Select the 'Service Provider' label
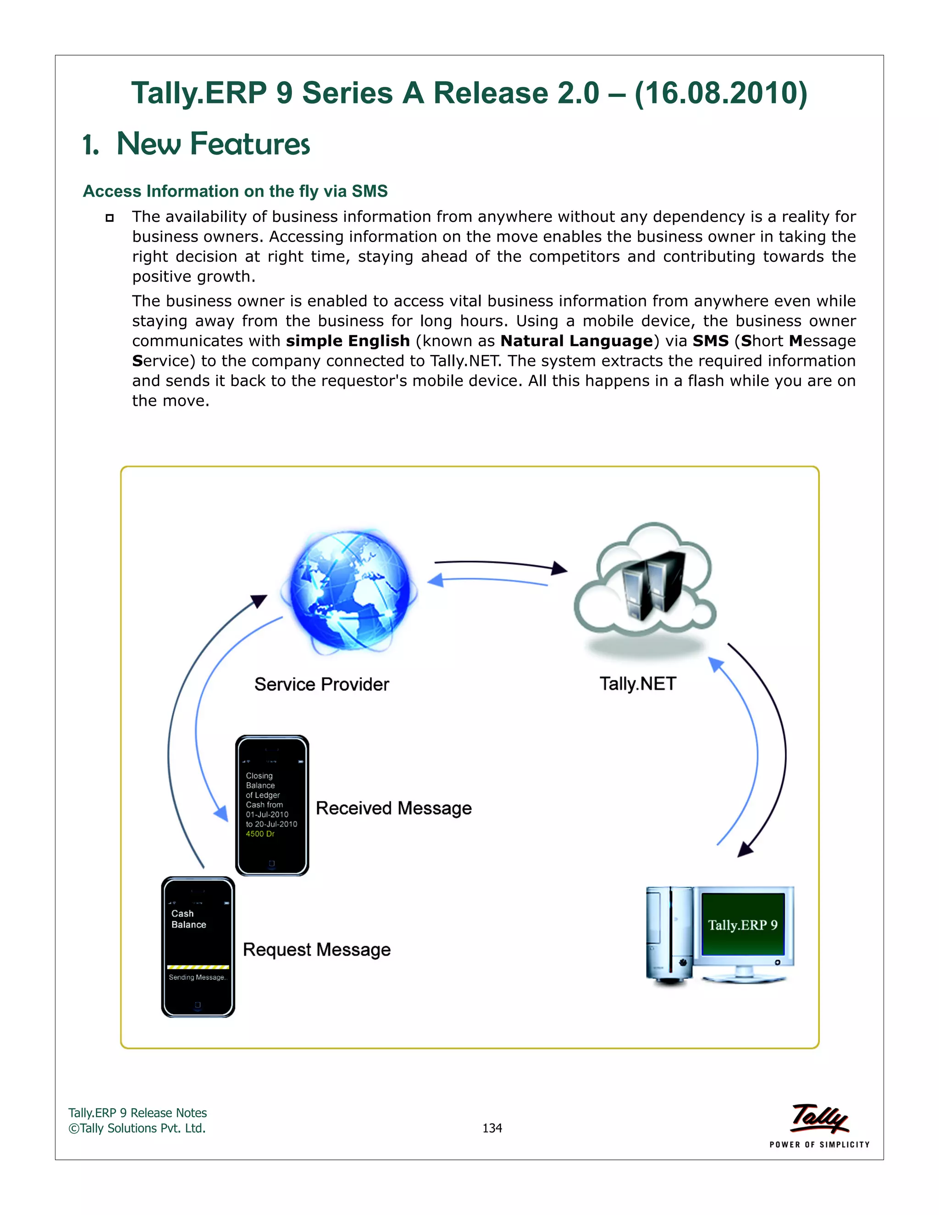321,684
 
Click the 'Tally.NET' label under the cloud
637,684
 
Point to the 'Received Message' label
393,808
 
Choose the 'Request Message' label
316,949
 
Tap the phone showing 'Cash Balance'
198,946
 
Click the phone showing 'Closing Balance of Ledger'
272,805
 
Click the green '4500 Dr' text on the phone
260,834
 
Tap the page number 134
492,1128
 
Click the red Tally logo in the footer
819,1118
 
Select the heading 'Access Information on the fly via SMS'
235,191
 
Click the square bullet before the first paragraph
110,217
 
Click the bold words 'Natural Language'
576,341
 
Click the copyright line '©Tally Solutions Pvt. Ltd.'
137,1128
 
